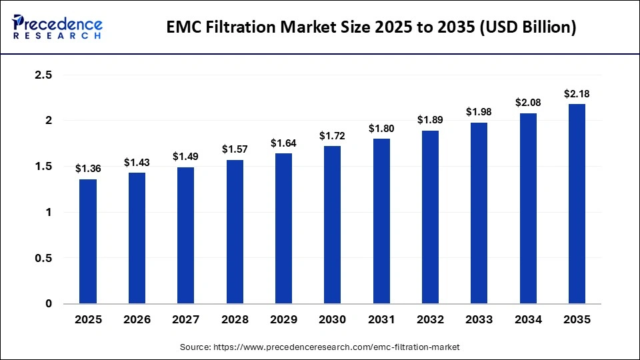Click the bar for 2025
pyautogui.click(x=88, y=241)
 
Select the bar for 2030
pyautogui.click(x=333, y=225)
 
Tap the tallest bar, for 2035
pyautogui.click(x=577, y=203)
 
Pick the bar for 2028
pyautogui.click(x=235, y=232)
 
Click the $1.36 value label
pyautogui.click(x=88, y=169)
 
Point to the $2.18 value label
pyautogui.click(x=577, y=94)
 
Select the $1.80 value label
pyautogui.click(x=381, y=129)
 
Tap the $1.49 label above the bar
pyautogui.click(x=186, y=157)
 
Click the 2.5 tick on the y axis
pyautogui.click(x=43, y=75)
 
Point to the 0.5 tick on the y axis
pyautogui.click(x=43, y=258)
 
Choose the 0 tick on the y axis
pyautogui.click(x=48, y=304)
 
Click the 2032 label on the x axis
pyautogui.click(x=430, y=320)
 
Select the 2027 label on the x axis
pyautogui.click(x=186, y=320)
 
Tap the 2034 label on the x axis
pyautogui.click(x=528, y=320)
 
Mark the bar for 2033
pyautogui.click(x=479, y=213)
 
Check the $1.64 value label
pyautogui.click(x=283, y=143)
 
